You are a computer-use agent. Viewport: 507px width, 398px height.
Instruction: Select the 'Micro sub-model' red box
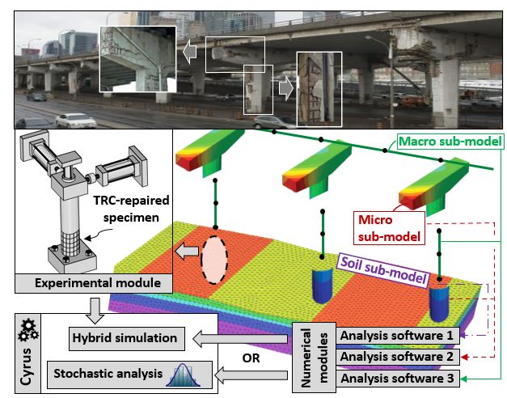(x=391, y=227)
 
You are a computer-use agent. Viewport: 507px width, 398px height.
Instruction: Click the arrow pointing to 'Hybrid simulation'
(x=243, y=334)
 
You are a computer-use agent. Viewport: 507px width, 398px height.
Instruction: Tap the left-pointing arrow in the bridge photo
(x=188, y=52)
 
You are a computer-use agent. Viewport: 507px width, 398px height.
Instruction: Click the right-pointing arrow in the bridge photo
(x=285, y=87)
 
